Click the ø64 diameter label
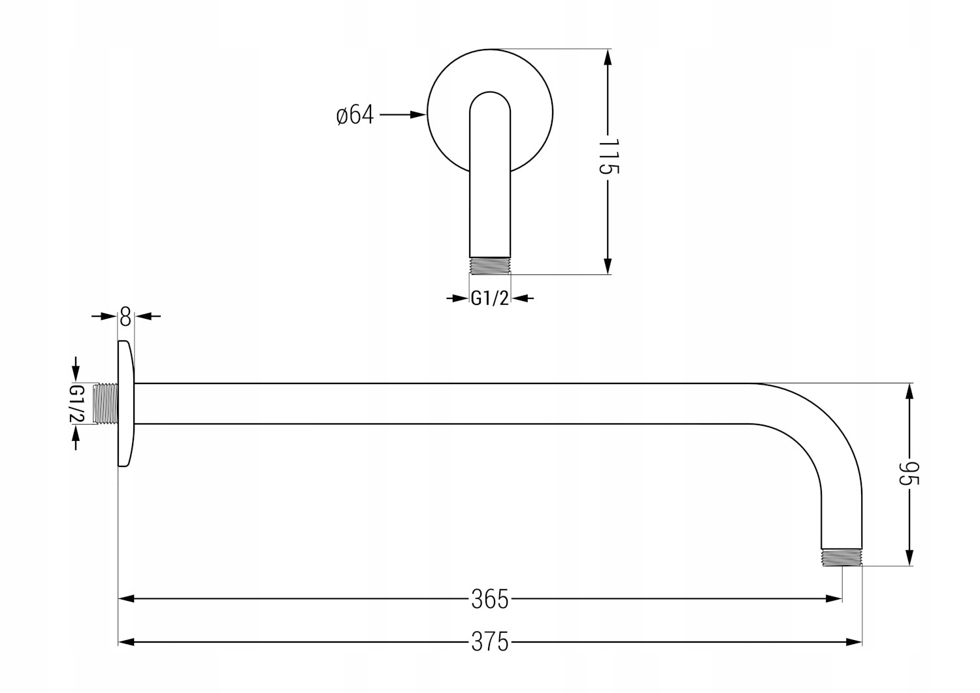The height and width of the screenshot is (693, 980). tap(355, 115)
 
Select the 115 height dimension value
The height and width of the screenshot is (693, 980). tap(608, 157)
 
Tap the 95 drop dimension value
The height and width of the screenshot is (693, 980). tap(909, 474)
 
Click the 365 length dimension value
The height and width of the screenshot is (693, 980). tap(489, 599)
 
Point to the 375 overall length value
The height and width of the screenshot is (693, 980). tap(489, 643)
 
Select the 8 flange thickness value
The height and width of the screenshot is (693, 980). tap(125, 318)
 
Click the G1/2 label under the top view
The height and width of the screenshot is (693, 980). tap(489, 298)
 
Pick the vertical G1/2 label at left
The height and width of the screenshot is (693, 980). tap(76, 404)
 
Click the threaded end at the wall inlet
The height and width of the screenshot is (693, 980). tap(105, 404)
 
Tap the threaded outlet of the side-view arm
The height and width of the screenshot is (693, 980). tap(841, 556)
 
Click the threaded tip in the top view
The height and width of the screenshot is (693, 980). tap(489, 265)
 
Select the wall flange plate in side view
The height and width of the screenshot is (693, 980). tap(125, 404)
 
